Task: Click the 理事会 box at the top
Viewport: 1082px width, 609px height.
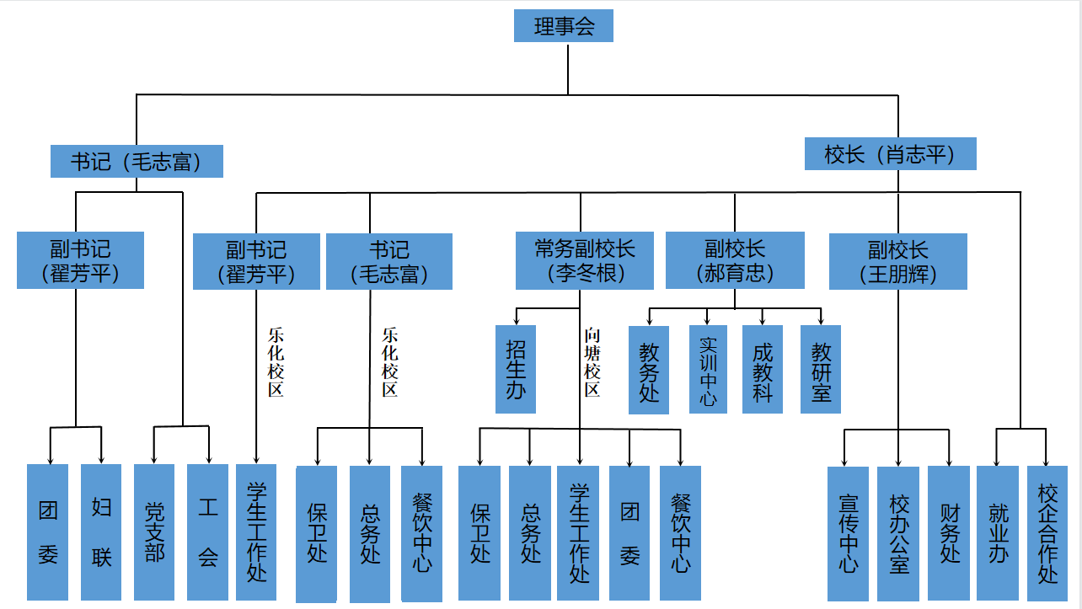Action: tap(564, 25)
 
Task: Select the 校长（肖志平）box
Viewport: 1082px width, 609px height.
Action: tap(890, 154)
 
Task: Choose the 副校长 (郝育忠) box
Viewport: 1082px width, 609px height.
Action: tap(736, 261)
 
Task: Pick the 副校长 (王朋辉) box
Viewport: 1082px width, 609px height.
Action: tap(897, 261)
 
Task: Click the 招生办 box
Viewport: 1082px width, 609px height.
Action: tap(516, 369)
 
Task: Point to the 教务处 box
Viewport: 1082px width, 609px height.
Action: tap(649, 370)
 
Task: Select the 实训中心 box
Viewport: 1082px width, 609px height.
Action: tap(708, 369)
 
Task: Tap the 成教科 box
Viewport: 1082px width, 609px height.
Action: tap(763, 369)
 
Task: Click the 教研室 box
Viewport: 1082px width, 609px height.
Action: tap(821, 369)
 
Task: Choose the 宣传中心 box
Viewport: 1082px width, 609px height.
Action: tap(849, 533)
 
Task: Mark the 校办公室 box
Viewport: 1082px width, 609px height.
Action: tap(898, 533)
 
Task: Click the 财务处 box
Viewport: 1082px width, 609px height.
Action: tap(949, 533)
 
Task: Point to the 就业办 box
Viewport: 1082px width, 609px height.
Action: tap(998, 533)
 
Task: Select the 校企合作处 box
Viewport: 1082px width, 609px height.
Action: tap(1047, 533)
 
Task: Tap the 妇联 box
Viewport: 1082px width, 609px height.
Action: tap(101, 532)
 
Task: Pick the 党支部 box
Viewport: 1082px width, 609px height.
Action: tap(154, 532)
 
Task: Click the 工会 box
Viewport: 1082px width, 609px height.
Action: tap(207, 532)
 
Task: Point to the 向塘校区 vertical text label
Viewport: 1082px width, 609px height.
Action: tap(592, 362)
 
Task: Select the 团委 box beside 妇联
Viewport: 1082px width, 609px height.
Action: tap(48, 532)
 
